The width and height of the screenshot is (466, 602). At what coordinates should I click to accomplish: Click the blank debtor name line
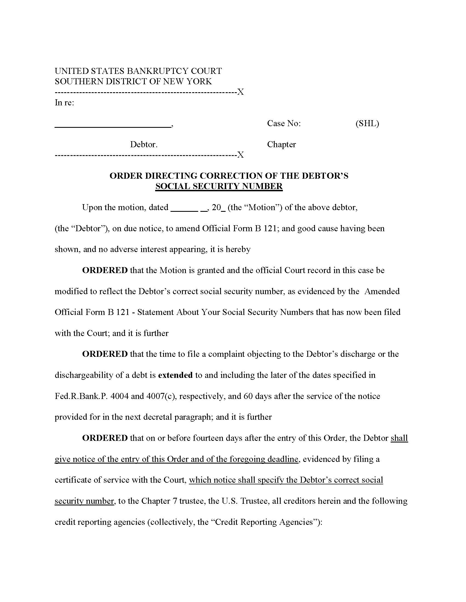pos(113,126)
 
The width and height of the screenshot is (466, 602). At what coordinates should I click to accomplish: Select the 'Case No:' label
pos(284,123)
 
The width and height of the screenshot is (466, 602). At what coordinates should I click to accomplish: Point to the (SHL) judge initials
pos(367,123)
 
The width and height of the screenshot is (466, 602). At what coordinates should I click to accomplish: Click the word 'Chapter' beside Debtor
pos(281,144)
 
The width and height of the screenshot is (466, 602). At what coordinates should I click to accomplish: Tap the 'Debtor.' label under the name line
pos(144,144)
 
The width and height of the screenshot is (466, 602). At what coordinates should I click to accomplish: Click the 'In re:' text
pos(64,103)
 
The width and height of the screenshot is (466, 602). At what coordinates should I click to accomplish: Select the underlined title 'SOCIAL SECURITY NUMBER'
pos(219,186)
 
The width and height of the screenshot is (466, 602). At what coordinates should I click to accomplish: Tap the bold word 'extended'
pos(175,375)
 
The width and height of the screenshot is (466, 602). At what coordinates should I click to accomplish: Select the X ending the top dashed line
pos(241,92)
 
